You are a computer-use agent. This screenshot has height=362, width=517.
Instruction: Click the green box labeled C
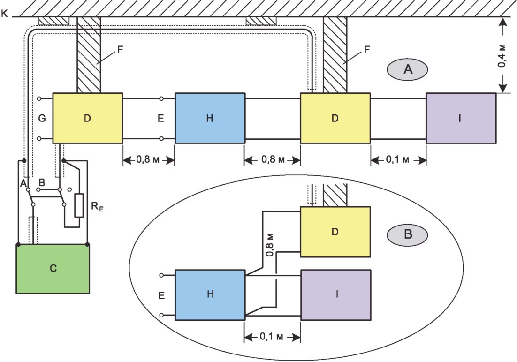(53, 269)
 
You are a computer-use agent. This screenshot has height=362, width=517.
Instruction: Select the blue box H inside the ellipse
(210, 294)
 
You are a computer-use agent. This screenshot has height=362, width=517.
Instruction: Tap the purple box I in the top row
(461, 118)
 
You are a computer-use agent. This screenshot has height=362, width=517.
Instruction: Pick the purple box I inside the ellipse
(335, 294)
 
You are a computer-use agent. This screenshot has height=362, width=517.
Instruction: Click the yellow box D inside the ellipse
(335, 232)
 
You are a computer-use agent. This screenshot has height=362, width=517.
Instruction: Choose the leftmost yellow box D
(87, 118)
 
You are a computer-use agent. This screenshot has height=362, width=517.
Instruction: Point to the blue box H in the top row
(210, 118)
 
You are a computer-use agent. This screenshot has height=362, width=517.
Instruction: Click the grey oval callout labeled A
(408, 70)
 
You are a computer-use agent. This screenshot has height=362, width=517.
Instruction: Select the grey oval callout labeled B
(408, 234)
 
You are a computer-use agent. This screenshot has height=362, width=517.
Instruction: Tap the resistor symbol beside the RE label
(79, 205)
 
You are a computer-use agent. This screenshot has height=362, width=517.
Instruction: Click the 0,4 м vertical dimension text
(502, 55)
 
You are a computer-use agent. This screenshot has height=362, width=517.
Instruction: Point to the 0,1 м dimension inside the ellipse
(272, 337)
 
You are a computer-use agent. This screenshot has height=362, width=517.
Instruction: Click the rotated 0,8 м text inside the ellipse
(270, 243)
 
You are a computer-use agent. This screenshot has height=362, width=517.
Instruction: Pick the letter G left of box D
(42, 119)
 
